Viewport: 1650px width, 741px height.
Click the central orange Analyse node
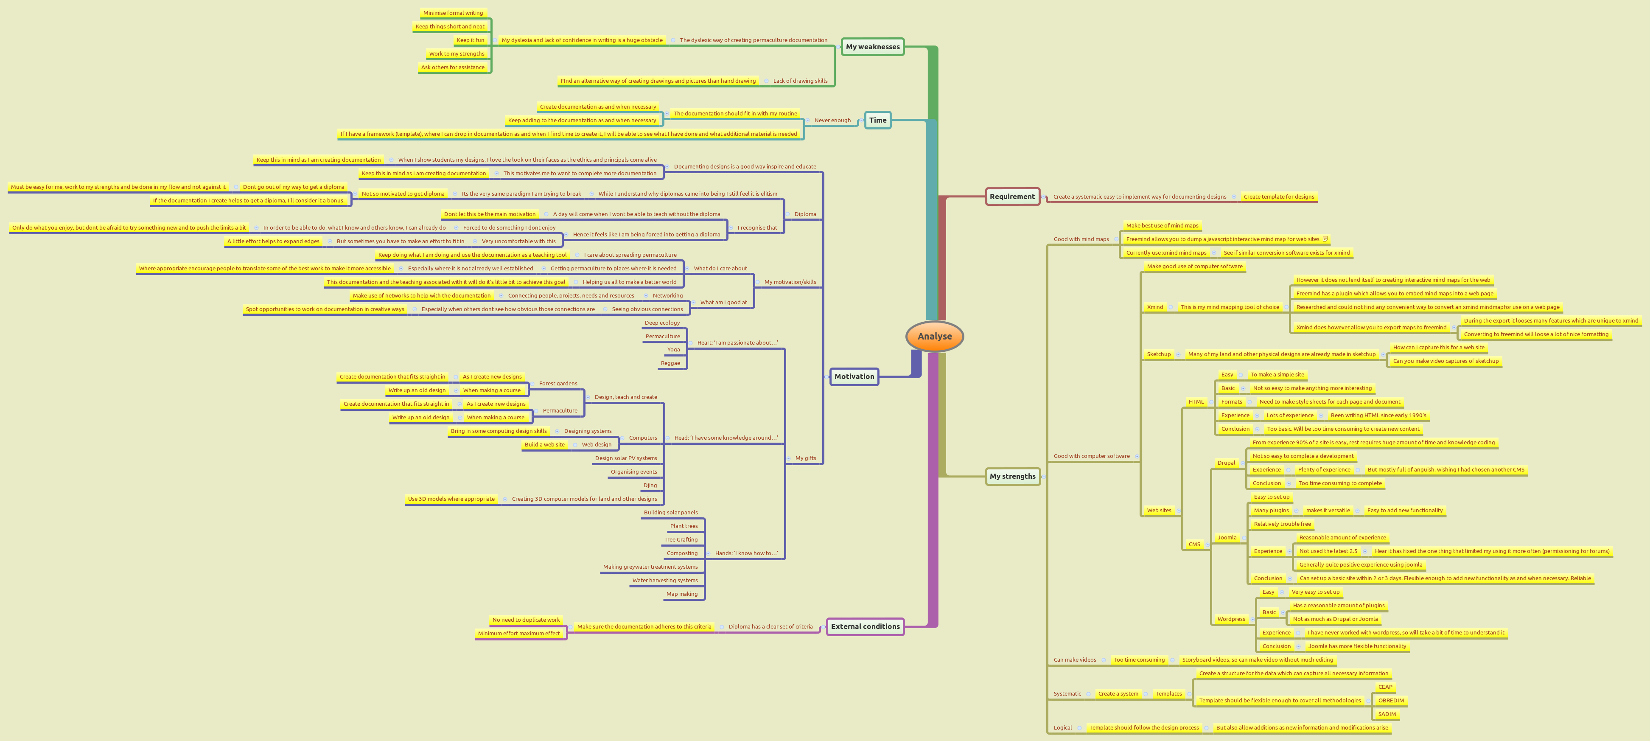pyautogui.click(x=935, y=336)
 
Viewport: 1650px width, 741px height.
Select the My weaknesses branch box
pyautogui.click(x=872, y=47)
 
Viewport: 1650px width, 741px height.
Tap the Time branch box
pyautogui.click(x=877, y=121)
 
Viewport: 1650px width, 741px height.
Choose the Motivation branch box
pyautogui.click(x=854, y=376)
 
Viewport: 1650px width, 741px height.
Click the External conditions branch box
pyautogui.click(x=865, y=626)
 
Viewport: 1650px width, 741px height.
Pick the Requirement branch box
pyautogui.click(x=1012, y=196)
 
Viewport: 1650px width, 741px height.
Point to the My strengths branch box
pyautogui.click(x=1012, y=477)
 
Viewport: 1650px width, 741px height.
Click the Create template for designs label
pyautogui.click(x=1278, y=196)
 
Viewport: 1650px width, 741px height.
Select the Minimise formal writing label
pyautogui.click(x=453, y=13)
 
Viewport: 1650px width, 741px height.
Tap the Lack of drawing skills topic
pyautogui.click(x=800, y=81)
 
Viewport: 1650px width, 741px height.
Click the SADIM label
pyautogui.click(x=1387, y=714)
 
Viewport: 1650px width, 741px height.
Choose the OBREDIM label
pyautogui.click(x=1391, y=701)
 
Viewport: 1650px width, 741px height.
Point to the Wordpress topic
pyautogui.click(x=1231, y=619)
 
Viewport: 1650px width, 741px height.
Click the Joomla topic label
pyautogui.click(x=1227, y=538)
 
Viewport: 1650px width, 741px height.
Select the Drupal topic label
pyautogui.click(x=1226, y=463)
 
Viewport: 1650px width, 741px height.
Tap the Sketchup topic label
pyautogui.click(x=1159, y=354)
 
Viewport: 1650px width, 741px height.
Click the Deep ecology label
pyautogui.click(x=662, y=323)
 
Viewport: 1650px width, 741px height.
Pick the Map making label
pyautogui.click(x=681, y=594)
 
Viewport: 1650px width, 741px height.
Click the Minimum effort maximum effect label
pyautogui.click(x=519, y=633)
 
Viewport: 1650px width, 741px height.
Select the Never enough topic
pyautogui.click(x=832, y=121)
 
